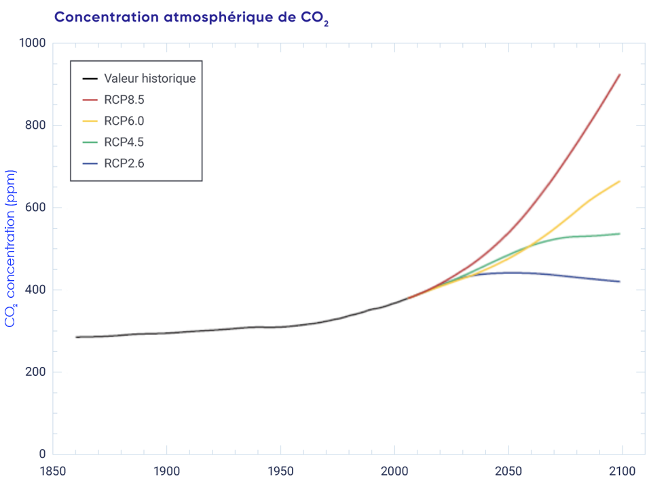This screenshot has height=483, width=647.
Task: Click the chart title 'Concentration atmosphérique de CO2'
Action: (191, 18)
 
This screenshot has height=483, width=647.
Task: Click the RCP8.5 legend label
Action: (124, 100)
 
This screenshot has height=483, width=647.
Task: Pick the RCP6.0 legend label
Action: (124, 121)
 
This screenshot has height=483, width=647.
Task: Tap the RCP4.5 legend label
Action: (124, 142)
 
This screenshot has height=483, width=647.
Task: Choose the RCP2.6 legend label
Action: (124, 163)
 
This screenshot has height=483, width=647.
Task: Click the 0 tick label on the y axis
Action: (42, 455)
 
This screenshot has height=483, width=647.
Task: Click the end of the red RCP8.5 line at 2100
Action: (620, 75)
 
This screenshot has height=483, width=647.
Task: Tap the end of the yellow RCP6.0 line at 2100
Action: (620, 181)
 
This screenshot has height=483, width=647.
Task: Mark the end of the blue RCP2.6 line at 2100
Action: (620, 282)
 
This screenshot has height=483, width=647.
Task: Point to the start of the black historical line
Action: (76, 337)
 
